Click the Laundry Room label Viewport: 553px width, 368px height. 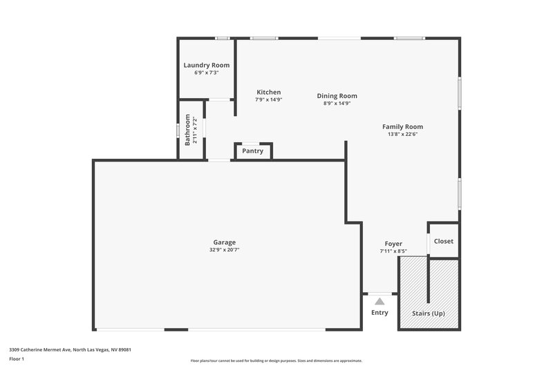pos(206,65)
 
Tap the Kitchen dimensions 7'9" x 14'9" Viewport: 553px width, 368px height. pos(268,99)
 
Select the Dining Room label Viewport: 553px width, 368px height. pos(337,96)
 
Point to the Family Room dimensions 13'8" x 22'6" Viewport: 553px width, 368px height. pos(402,134)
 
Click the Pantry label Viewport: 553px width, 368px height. pos(252,151)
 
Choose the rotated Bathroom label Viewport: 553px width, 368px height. pos(187,129)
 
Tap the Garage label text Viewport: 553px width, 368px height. pos(224,242)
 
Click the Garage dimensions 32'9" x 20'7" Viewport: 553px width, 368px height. pos(224,250)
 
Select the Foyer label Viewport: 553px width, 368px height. pos(393,244)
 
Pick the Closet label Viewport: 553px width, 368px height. pos(443,241)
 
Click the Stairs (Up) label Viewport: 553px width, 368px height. pos(428,313)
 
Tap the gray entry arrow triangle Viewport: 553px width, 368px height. pos(379,301)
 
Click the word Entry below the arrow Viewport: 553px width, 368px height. pos(379,313)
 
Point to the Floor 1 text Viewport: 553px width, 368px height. pos(17,359)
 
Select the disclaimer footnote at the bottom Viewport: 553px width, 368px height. pos(276,360)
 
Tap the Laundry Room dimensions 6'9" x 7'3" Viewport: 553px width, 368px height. pos(206,72)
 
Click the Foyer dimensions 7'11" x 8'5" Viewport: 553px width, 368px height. pos(393,251)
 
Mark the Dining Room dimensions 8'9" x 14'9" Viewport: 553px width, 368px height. pos(337,104)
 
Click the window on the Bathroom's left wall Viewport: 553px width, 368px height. pos(178,130)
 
